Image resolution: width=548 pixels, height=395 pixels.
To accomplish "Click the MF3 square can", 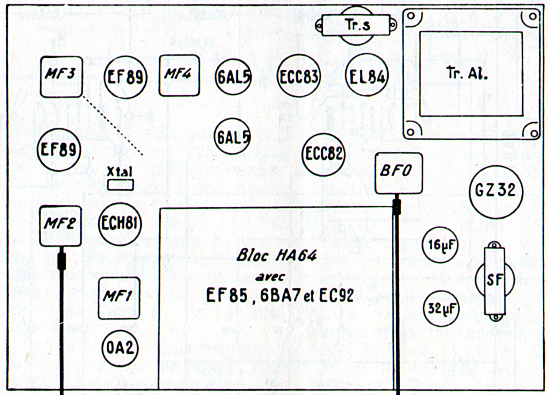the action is click(61, 77).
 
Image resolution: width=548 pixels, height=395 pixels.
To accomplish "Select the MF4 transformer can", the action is click(179, 76).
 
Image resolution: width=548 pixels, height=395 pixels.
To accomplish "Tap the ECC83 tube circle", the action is click(298, 76).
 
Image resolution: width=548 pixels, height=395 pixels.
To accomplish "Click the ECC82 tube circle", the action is click(323, 154).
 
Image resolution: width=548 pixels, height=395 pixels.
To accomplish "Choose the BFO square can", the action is click(399, 173).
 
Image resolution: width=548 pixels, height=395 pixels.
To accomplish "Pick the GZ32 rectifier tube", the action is click(496, 191).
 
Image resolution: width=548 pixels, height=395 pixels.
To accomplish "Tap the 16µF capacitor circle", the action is click(440, 244).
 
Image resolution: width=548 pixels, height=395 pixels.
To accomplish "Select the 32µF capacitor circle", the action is click(441, 308).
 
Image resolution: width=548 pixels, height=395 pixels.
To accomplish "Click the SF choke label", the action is click(495, 280).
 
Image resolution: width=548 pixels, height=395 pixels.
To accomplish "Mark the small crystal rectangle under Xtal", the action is click(121, 185).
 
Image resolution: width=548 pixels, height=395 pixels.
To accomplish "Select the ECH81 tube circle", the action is click(120, 223).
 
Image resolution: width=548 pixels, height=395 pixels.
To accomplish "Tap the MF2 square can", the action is click(60, 225).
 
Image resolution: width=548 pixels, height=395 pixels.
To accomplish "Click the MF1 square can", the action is click(119, 298).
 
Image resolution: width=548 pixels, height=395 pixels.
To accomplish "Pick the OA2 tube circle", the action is click(120, 348).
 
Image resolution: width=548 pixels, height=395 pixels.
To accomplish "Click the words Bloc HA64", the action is click(276, 256).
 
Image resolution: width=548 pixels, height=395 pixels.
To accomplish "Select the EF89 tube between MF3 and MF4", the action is click(125, 77).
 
